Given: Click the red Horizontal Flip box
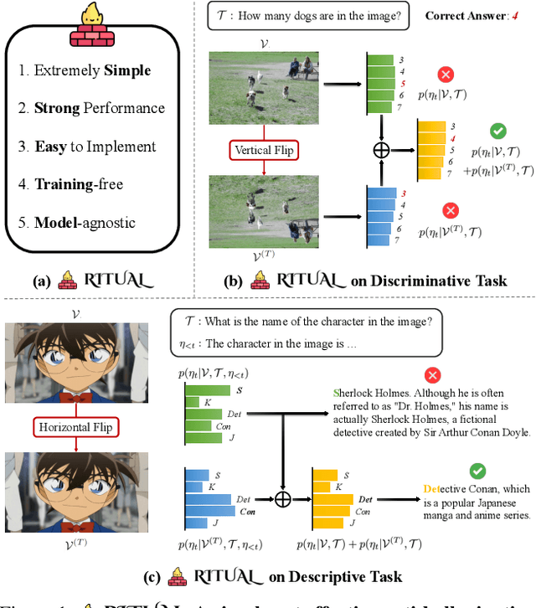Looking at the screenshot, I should [75, 428].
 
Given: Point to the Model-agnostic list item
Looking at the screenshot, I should [85, 223].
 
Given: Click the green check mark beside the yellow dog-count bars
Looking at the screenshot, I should [497, 131].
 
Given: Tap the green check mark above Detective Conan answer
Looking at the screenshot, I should [477, 472].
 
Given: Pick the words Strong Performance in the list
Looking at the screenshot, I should [100, 108].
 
